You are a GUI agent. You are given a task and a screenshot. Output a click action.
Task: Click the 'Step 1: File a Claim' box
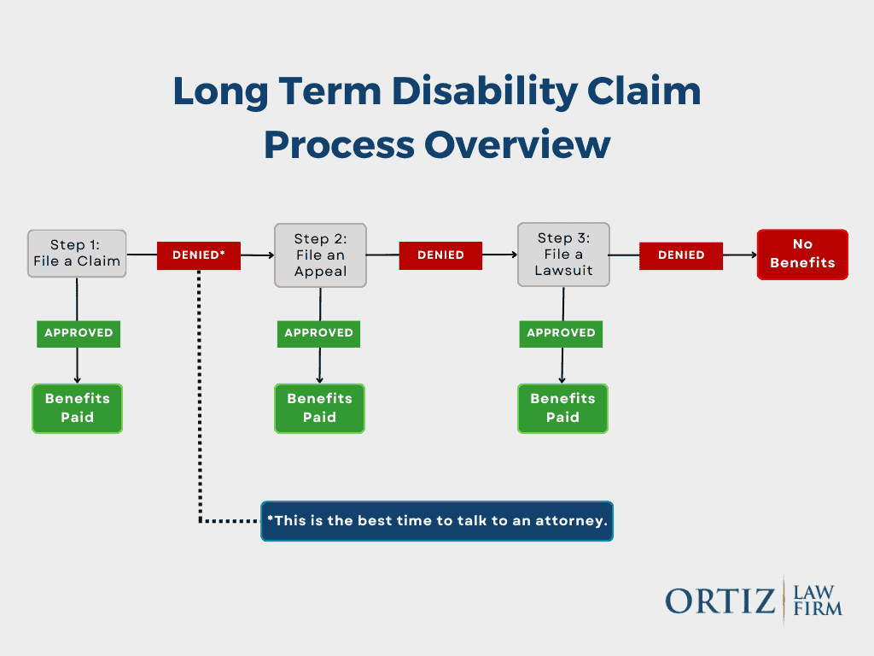point(77,254)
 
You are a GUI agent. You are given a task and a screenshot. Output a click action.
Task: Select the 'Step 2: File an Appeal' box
point(320,255)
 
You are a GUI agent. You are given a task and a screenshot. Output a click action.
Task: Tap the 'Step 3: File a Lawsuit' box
point(563,255)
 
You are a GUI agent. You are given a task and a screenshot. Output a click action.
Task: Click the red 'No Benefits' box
point(802,255)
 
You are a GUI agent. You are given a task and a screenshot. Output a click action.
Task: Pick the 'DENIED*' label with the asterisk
point(199,255)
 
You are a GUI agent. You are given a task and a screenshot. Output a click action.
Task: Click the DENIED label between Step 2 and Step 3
point(440,255)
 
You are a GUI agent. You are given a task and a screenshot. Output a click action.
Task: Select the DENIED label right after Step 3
point(681,255)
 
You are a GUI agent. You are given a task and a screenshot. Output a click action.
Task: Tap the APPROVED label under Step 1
point(79,333)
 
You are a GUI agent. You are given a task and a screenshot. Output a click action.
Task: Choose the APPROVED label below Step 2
point(319,333)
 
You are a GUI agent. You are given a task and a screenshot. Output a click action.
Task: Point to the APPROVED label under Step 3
point(561,333)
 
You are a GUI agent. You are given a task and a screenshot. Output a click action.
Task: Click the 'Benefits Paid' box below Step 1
point(78,408)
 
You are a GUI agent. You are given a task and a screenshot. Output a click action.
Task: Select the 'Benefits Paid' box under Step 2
point(319,408)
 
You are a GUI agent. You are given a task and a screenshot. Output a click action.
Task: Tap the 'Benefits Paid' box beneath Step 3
point(562,408)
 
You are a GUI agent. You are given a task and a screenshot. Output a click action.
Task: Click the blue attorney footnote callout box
point(437,521)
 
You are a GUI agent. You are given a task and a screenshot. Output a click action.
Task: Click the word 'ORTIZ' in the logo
point(720,601)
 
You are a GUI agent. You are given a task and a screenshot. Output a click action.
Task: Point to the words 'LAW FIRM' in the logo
point(817,600)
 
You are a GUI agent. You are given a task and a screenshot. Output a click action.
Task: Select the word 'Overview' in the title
point(517,145)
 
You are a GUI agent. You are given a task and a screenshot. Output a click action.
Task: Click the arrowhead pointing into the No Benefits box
point(752,255)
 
